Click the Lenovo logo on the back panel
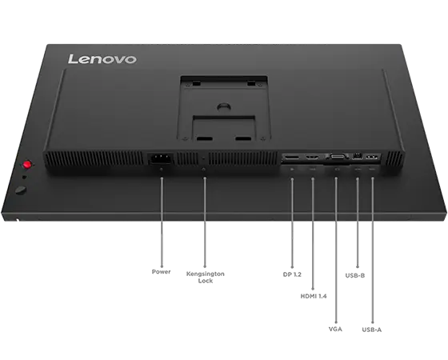102,58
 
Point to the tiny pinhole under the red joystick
26,176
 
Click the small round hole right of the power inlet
206,158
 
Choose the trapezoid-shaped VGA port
337,157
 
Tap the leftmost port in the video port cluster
292,157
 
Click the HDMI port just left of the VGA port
313,157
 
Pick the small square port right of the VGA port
358,156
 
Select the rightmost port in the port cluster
374,156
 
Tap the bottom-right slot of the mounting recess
242,138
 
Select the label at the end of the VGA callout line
337,326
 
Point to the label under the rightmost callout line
374,326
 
